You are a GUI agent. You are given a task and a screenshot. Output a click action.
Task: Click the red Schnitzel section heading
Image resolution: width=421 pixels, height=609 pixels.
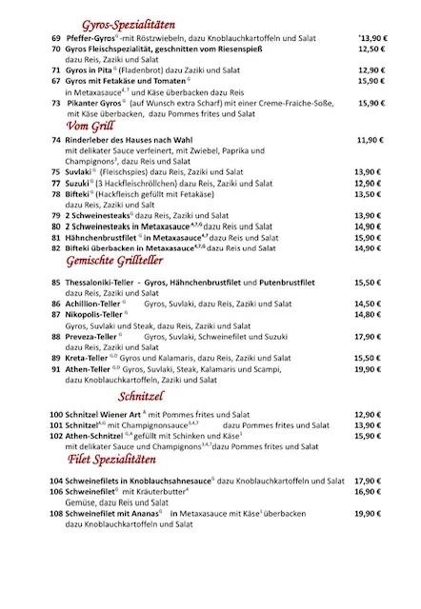pos(142,396)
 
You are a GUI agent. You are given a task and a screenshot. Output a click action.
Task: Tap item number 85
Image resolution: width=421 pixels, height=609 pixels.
pos(56,283)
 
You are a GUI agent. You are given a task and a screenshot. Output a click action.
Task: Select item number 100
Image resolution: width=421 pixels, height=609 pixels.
pos(55,416)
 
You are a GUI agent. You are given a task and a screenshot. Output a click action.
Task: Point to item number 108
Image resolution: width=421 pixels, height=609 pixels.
pos(55,513)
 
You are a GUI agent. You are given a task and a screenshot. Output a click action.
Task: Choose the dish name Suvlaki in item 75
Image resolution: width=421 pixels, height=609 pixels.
pos(79,172)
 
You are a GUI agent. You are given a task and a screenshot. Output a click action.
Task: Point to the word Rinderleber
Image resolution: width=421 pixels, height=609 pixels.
pos(90,140)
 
